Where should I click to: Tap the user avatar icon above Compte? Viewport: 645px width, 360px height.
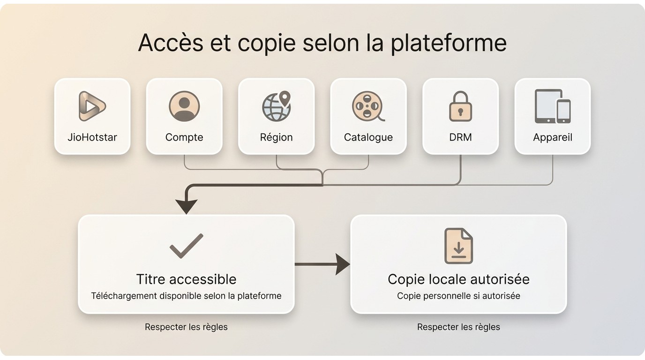click(x=184, y=106)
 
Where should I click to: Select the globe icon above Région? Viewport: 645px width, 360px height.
click(x=277, y=106)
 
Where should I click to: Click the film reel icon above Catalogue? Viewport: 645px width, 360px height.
click(x=368, y=106)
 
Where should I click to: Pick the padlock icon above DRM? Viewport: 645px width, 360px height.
click(x=460, y=106)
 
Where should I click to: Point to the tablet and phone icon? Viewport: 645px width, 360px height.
click(x=553, y=106)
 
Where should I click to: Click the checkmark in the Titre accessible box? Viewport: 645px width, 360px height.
click(x=186, y=246)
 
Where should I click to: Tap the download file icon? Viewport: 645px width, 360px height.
click(x=458, y=246)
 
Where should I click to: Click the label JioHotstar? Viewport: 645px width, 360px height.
click(x=92, y=137)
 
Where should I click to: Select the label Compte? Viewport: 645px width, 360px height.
click(x=184, y=137)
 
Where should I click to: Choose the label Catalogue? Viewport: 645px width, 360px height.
click(x=368, y=137)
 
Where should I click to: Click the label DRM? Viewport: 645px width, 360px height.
click(x=460, y=137)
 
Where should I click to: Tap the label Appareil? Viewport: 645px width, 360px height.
click(x=553, y=137)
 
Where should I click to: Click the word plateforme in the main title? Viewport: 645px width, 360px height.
click(x=449, y=43)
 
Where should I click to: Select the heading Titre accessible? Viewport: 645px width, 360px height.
click(x=186, y=279)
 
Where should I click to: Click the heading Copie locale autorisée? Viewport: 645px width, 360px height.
click(x=458, y=279)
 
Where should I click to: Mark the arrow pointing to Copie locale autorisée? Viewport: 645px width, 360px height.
click(x=322, y=264)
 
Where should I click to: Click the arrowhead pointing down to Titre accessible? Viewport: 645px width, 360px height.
click(x=186, y=207)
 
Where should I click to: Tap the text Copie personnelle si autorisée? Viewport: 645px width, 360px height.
click(x=458, y=296)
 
